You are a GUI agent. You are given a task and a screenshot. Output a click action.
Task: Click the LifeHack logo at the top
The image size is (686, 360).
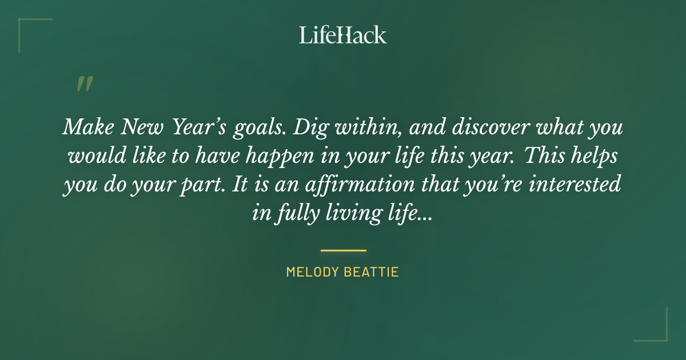coord(342,35)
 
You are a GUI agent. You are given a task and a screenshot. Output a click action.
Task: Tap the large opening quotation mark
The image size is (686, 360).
coord(84,84)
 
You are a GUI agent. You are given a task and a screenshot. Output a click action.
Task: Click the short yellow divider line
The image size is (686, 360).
coord(343,250)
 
